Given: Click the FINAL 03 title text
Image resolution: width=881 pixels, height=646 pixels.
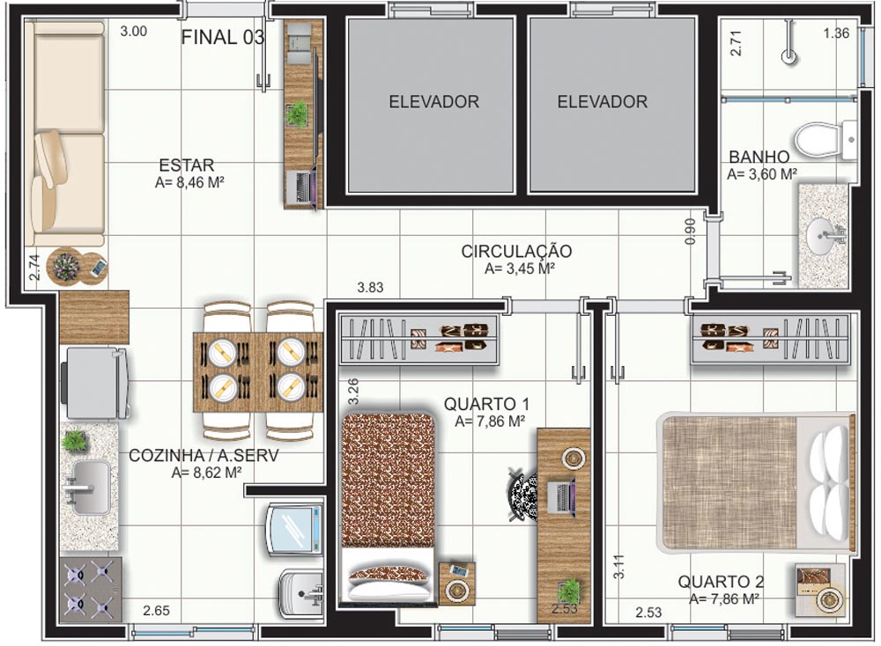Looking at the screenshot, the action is click(x=223, y=37).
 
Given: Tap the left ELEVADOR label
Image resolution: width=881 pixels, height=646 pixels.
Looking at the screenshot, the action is click(x=433, y=101).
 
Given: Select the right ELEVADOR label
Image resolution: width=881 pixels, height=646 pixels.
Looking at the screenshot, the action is click(x=603, y=101).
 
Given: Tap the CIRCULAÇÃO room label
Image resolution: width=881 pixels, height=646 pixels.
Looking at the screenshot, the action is click(x=516, y=252).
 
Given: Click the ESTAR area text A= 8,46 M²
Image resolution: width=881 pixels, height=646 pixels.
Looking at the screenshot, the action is click(x=190, y=182).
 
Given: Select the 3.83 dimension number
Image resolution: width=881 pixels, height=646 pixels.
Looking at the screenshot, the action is click(x=370, y=288).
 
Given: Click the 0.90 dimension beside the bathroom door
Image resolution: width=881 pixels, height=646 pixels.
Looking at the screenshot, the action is click(x=691, y=231).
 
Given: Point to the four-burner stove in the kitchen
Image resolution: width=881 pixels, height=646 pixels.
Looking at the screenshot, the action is click(x=90, y=590).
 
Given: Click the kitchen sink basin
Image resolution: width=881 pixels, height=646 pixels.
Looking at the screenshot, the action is click(x=90, y=488).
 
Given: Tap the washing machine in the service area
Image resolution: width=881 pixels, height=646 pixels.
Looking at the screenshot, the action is click(x=295, y=528).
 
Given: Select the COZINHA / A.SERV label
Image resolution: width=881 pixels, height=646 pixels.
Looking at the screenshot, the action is click(x=204, y=455).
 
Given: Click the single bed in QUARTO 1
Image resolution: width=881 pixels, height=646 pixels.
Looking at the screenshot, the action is click(x=388, y=509).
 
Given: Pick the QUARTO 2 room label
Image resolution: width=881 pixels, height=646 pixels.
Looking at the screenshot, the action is click(x=721, y=582).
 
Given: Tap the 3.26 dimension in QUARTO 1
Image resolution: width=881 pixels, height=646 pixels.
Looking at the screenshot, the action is click(x=353, y=392).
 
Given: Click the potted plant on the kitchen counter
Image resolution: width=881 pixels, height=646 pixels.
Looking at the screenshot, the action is click(x=75, y=441).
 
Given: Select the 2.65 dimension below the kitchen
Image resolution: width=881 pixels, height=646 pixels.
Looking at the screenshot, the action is click(x=156, y=611).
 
